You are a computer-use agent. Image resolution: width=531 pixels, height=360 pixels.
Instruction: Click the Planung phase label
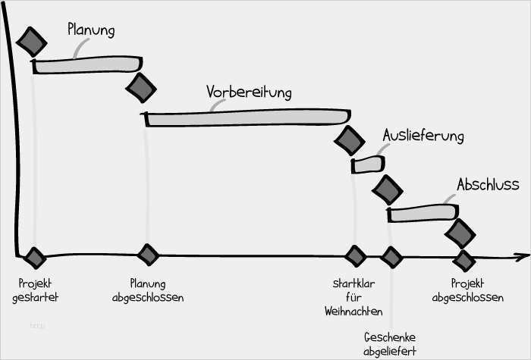[x=91, y=31]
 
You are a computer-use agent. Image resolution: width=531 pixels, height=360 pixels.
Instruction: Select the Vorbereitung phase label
[x=249, y=92]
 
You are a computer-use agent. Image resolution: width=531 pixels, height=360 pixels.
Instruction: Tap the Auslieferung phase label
[x=423, y=136]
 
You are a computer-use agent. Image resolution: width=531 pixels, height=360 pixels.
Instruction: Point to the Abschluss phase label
[x=487, y=184]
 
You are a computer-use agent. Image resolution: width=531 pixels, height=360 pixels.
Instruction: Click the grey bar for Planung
[x=87, y=65]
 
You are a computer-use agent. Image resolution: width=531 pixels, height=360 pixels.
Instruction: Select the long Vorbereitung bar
[x=247, y=118]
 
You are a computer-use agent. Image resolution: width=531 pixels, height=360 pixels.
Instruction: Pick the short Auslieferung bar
[x=367, y=164]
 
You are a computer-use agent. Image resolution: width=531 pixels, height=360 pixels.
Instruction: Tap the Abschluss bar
[x=422, y=213]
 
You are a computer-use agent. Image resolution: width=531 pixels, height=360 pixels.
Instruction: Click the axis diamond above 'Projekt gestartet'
[x=34, y=257]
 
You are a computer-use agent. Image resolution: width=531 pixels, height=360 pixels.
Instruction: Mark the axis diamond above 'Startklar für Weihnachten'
[x=355, y=255]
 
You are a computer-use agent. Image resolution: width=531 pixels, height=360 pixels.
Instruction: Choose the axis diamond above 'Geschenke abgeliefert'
[x=391, y=257]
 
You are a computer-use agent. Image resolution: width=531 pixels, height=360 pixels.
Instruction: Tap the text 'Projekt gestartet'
[x=35, y=290]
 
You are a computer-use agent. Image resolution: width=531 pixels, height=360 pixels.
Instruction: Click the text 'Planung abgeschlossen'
[x=147, y=290]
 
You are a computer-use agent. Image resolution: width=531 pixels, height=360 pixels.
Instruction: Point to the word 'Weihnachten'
[x=353, y=311]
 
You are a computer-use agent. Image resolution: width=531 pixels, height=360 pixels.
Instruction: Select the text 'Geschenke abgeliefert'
[x=390, y=343]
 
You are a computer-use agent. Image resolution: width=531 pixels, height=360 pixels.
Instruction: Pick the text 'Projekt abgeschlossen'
[x=467, y=290]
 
